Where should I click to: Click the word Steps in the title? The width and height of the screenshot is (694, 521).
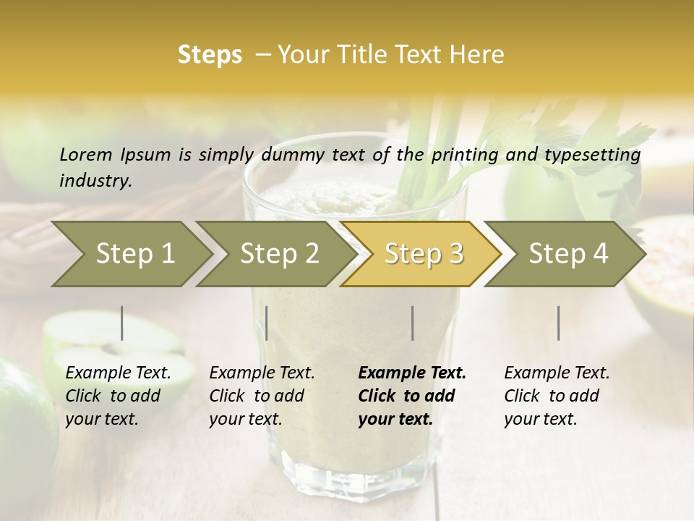pos(210,55)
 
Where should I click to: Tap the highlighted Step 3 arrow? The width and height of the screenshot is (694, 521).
pos(424,254)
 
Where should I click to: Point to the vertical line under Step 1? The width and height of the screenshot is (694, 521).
pos(122,323)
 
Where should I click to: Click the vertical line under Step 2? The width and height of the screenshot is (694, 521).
pos(267,323)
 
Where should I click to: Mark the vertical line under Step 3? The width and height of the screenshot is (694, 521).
pos(413,323)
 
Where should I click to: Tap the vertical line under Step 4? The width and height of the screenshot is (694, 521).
pos(559,323)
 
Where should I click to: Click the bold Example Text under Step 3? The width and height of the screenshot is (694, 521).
pos(412,373)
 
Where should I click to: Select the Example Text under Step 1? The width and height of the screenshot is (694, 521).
pos(118,373)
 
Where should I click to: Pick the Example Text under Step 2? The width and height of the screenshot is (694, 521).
pos(262,373)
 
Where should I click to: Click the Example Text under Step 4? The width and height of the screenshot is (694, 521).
pos(557,373)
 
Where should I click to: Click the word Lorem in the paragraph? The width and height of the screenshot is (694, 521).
pos(86,154)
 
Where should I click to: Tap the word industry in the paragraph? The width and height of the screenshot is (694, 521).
pos(95,181)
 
